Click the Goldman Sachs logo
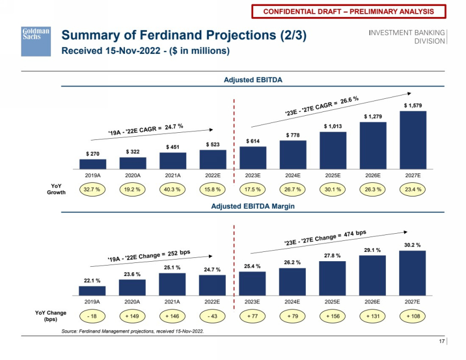pyautogui.click(x=36, y=41)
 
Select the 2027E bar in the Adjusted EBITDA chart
pyautogui.click(x=412, y=140)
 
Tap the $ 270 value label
pyautogui.click(x=93, y=154)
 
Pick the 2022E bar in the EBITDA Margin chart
pyautogui.click(x=213, y=285)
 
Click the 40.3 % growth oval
pyautogui.click(x=173, y=189)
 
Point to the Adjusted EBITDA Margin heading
pyautogui.click(x=252, y=206)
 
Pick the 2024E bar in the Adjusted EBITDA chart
pyautogui.click(x=292, y=155)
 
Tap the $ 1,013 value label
pyautogui.click(x=332, y=126)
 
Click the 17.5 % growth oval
pyautogui.click(x=252, y=189)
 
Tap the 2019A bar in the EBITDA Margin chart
pyautogui.click(x=93, y=291)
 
